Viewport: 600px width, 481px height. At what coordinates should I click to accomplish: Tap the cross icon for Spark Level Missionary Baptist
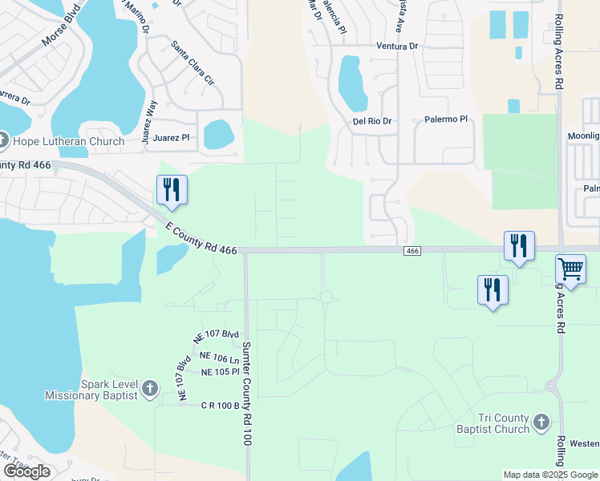(x=148, y=389)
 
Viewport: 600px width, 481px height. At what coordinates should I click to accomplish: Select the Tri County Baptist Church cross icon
(x=541, y=422)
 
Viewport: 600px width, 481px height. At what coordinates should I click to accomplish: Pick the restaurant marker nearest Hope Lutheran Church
(x=172, y=190)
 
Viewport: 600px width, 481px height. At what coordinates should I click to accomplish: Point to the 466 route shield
(x=412, y=252)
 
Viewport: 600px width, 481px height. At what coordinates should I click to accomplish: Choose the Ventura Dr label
(x=398, y=46)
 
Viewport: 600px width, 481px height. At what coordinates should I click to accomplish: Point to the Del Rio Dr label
(x=372, y=121)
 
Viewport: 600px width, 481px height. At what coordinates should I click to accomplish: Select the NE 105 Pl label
(x=220, y=373)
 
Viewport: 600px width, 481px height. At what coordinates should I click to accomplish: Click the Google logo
(x=27, y=471)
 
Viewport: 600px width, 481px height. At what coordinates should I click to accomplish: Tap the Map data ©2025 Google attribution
(x=550, y=475)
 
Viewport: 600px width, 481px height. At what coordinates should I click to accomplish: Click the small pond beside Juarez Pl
(x=218, y=134)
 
